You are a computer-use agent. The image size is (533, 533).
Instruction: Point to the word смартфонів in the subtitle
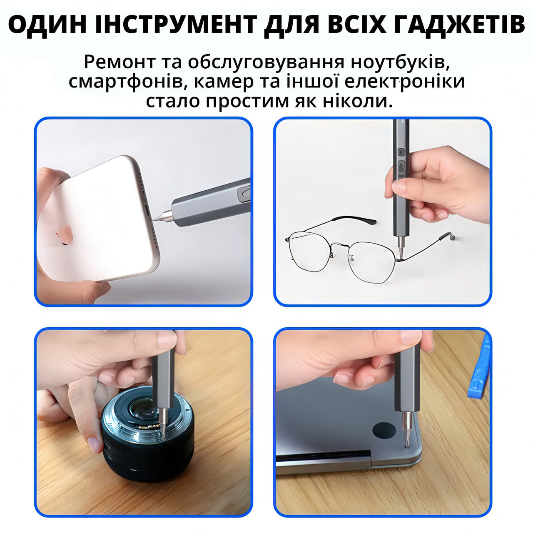click(125, 82)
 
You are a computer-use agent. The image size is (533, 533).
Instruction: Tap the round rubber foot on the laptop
click(384, 430)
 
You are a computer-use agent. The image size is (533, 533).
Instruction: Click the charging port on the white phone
click(149, 209)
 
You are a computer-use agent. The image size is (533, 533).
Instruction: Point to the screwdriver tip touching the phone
click(156, 218)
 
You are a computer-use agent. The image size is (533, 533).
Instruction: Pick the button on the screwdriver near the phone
click(244, 193)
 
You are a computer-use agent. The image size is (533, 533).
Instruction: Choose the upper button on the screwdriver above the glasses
click(401, 152)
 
